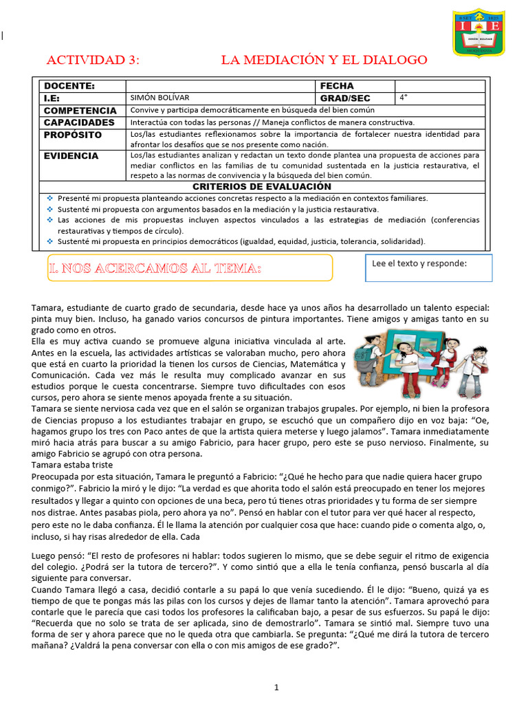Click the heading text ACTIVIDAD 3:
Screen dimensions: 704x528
pyautogui.click(x=92, y=60)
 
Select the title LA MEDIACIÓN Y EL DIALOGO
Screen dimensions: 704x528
pyautogui.click(x=324, y=60)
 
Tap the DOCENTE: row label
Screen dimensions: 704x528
pyautogui.click(x=69, y=86)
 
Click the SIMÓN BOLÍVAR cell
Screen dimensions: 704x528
pyautogui.click(x=159, y=98)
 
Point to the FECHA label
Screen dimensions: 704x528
pyautogui.click(x=337, y=86)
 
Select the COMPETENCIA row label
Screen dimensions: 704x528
pyautogui.click(x=80, y=111)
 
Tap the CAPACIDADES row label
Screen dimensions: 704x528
pyautogui.click(x=79, y=122)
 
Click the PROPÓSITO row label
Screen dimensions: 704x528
pyautogui.click(x=73, y=135)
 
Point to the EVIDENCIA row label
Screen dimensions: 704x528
pyautogui.click(x=71, y=156)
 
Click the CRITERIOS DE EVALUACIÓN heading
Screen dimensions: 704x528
pyautogui.click(x=262, y=186)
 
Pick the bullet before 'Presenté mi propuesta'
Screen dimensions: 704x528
pyautogui.click(x=49, y=198)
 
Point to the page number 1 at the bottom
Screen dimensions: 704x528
pyautogui.click(x=276, y=687)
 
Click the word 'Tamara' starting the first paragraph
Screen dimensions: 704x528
pyautogui.click(x=47, y=308)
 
